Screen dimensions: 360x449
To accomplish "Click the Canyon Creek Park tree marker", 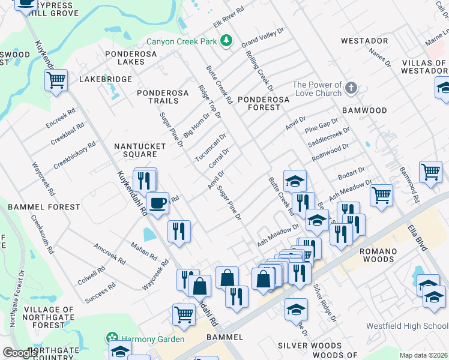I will click(x=226, y=41).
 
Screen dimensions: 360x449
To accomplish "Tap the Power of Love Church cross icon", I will click(x=352, y=89).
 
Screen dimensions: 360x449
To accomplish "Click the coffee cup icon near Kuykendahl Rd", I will click(x=158, y=204).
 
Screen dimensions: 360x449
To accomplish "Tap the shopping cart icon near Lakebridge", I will click(x=56, y=79).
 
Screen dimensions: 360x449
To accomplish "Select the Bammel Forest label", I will click(x=44, y=207).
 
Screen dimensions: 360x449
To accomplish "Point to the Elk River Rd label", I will click(x=229, y=17).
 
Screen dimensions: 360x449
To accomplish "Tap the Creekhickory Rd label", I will click(x=74, y=155).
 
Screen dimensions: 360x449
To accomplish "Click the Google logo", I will click(x=20, y=353).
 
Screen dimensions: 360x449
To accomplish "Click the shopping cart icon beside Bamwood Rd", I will click(x=430, y=172).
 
